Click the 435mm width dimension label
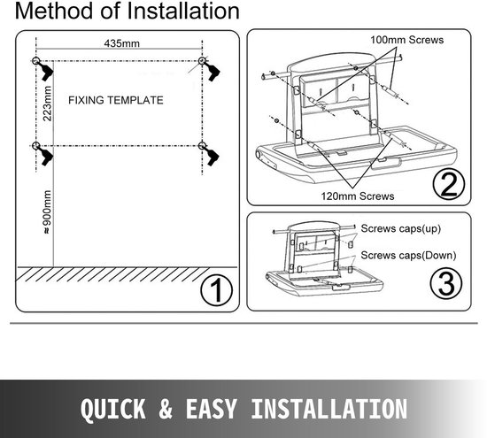pos(122,43)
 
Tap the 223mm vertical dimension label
pos(48,104)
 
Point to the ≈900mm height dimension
pos(47,211)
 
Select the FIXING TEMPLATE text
pos(116,100)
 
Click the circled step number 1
pos(216,291)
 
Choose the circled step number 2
pos(449,184)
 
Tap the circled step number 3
pos(446,283)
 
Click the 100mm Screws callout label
pos(407,40)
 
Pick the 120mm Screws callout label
pos(358,196)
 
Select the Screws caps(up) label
pos(400,229)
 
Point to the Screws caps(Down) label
pos(408,256)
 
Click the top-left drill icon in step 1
pos(45,71)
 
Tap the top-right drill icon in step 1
pos(213,71)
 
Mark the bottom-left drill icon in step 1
pos(45,156)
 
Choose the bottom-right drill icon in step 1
pos(212,156)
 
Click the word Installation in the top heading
pos(183,11)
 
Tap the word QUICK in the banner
pos(113,409)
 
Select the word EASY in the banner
pos(212,409)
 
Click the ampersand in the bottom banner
pos(166,409)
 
